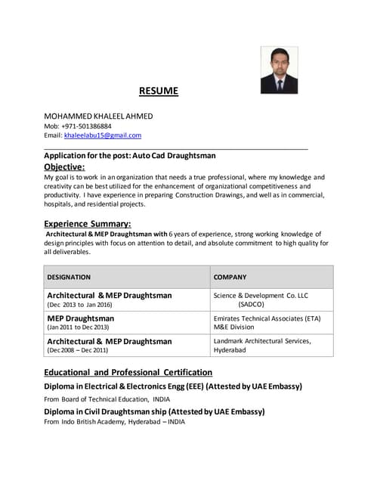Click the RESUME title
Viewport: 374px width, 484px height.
159,92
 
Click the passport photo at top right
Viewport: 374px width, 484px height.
279,70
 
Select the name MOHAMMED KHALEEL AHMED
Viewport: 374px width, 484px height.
98,116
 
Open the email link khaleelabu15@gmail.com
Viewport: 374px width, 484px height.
103,135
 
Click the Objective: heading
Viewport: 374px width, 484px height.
64,166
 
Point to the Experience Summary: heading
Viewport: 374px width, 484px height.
88,223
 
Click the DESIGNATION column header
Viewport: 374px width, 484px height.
69,277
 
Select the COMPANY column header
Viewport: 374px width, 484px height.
230,277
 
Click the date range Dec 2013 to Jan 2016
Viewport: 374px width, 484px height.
79,305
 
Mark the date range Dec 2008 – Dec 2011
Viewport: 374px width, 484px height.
78,350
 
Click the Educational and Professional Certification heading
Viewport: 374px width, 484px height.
128,372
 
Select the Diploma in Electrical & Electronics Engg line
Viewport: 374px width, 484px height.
173,386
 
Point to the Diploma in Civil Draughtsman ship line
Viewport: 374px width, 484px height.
154,411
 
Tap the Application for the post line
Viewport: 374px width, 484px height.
130,155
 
